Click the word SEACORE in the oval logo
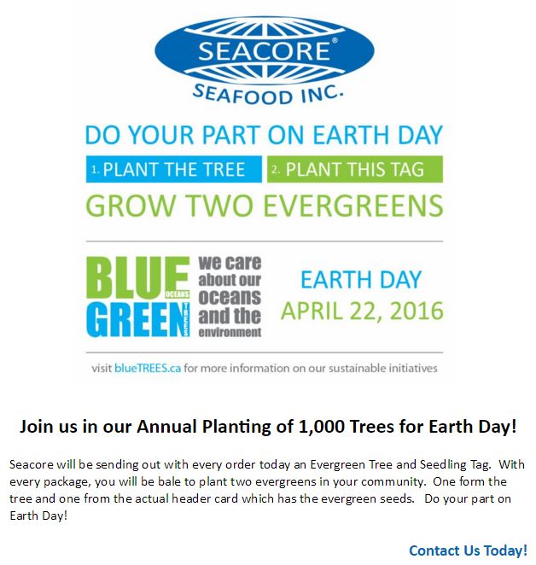(265, 51)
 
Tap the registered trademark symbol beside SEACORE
(335, 41)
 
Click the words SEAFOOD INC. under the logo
(267, 95)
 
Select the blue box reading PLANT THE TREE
(174, 169)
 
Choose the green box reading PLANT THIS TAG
(355, 169)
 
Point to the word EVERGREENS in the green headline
(353, 206)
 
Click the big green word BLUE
(137, 278)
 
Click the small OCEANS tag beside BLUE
(177, 294)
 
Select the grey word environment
(230, 332)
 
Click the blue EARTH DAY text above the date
(361, 279)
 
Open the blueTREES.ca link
(148, 368)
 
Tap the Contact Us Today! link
(468, 550)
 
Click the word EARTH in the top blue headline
(351, 135)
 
